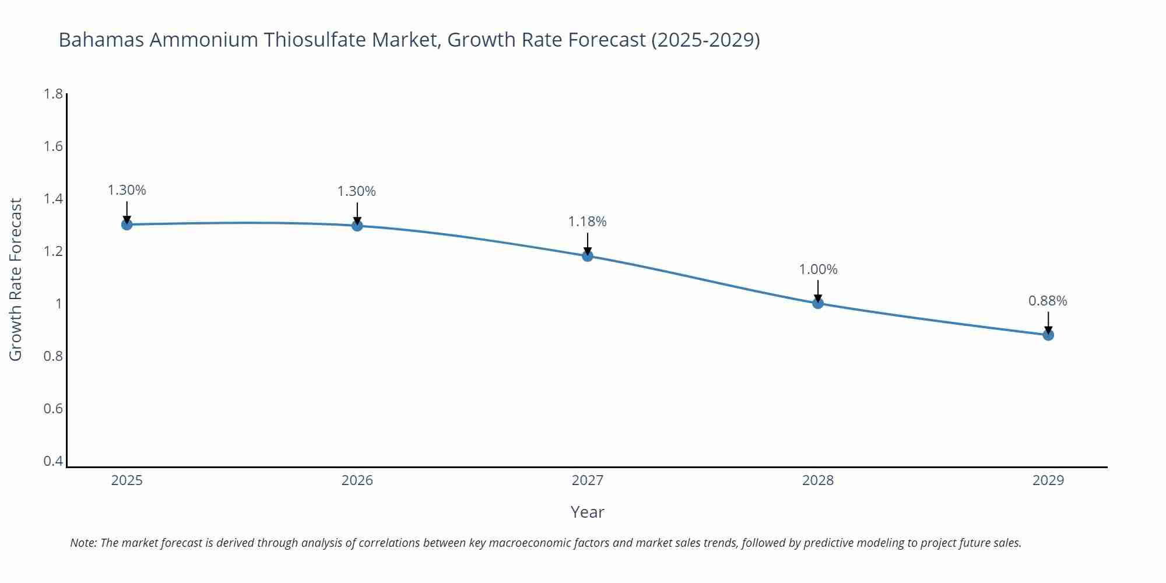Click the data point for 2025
pos(127,224)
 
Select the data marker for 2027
pos(587,256)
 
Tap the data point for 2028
pos(817,303)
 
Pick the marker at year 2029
pos(1048,335)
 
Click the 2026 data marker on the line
pos(357,226)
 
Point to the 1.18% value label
pos(587,222)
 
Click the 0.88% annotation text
pos(1047,301)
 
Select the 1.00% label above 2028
pos(817,269)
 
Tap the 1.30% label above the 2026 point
pos(356,191)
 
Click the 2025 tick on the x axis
pos(127,480)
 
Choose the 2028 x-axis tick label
pos(817,480)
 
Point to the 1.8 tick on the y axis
pos(53,94)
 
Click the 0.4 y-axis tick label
pos(53,461)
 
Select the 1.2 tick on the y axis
pos(53,251)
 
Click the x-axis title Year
pos(587,512)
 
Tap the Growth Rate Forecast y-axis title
pos(16,279)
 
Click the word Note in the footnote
pos(83,543)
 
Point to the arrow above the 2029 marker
pos(1048,322)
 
